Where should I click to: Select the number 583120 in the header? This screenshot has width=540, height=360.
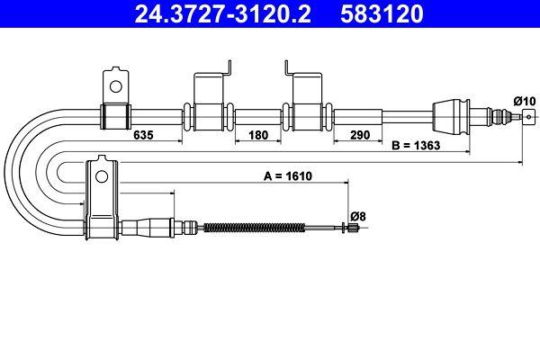pos(381,13)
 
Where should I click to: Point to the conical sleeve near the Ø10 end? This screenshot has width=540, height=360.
pos(449,114)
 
